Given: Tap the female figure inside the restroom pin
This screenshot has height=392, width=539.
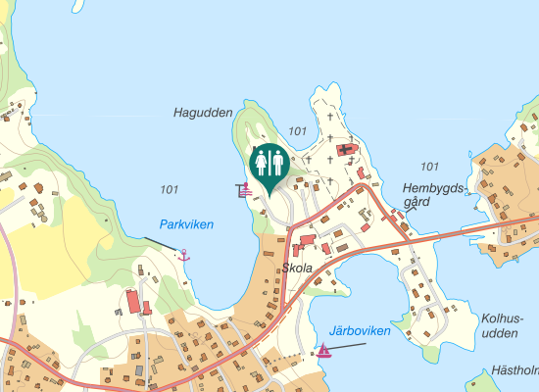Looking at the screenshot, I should (261, 160).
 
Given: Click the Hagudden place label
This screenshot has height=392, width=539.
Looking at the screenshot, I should (203, 113).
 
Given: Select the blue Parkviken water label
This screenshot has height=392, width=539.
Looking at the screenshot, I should (186, 224).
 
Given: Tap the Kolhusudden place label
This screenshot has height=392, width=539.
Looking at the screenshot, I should (503, 325).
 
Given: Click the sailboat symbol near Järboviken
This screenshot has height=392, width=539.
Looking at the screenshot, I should (324, 350).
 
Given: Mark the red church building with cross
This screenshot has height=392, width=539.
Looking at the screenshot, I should (345, 150).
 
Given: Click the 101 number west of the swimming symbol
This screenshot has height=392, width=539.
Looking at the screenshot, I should (170, 189).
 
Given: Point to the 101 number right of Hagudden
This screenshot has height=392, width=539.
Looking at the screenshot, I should (299, 131).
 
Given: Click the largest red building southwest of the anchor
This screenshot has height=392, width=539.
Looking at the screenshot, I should (133, 301).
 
